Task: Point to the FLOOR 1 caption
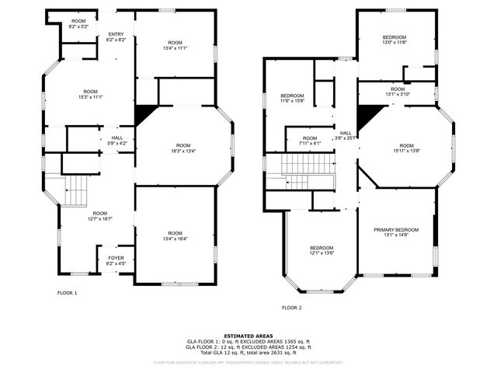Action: [68, 293]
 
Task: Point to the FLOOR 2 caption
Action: [291, 309]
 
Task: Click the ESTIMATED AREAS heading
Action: [248, 335]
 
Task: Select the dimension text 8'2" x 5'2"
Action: [79, 26]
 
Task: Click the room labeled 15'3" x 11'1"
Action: [92, 97]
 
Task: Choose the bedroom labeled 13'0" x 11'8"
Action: [394, 43]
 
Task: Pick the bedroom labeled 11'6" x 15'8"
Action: [293, 101]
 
